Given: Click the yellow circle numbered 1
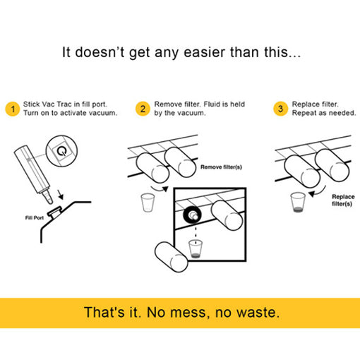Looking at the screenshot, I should [11, 109].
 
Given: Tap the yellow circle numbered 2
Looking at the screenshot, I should [143, 109].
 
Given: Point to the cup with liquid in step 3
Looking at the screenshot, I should [296, 202].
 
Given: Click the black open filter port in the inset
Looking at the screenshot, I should [191, 213].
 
